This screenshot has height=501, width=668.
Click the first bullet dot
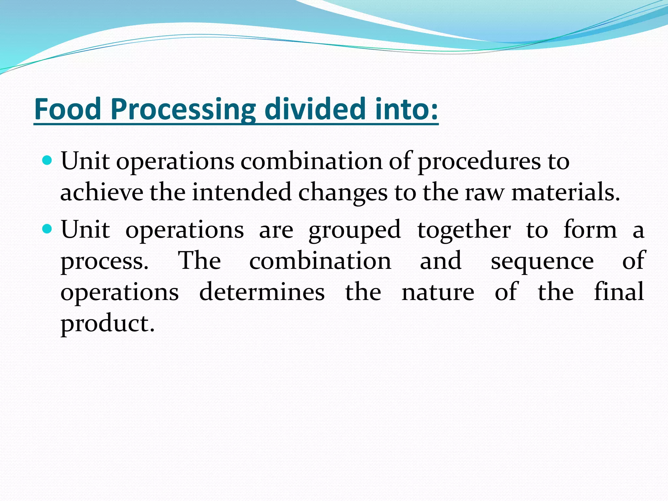point(47,160)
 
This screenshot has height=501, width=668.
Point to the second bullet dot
point(47,229)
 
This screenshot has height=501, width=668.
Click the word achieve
point(101,192)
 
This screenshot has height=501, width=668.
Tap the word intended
point(241,192)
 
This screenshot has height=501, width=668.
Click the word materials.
point(565,192)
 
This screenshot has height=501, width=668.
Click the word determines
point(262,292)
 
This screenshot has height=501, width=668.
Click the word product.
point(107,325)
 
